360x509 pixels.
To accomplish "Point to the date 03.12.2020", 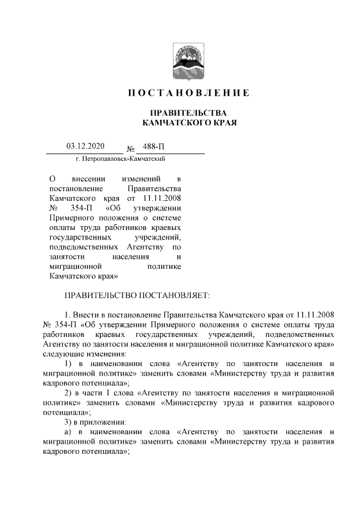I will [x=84, y=147].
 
